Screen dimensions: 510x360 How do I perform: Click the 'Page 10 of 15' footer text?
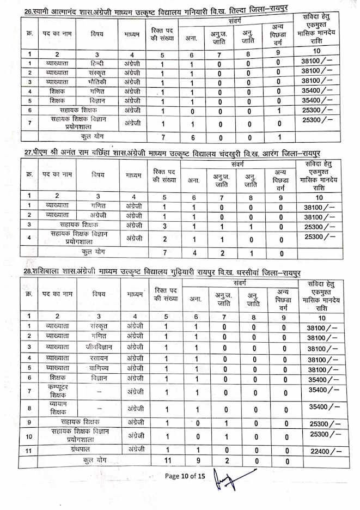[185, 476]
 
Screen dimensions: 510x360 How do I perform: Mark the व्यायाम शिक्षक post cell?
[56, 408]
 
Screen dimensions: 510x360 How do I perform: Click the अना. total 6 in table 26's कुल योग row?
[192, 136]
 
